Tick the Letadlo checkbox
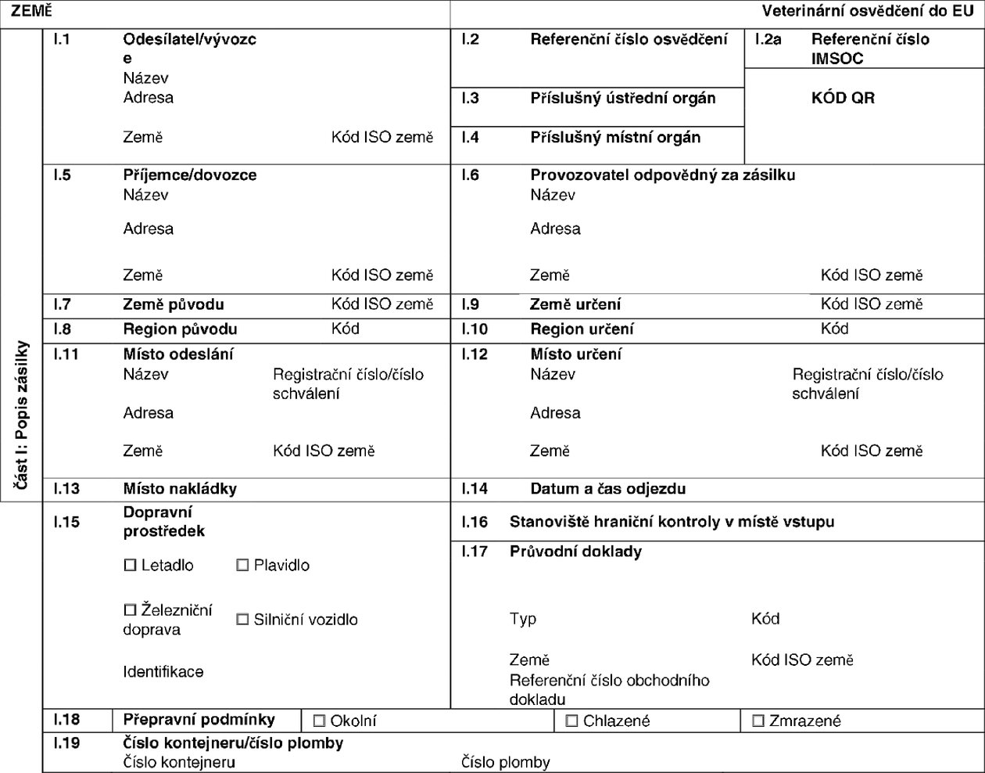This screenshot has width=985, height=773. [x=131, y=565]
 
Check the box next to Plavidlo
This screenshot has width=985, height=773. [x=242, y=565]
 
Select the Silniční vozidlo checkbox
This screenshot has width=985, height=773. [x=242, y=620]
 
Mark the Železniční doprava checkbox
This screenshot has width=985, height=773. [x=131, y=609]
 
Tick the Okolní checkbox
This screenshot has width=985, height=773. [x=319, y=721]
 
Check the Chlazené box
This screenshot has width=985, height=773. [x=571, y=721]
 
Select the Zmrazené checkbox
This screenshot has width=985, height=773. [x=758, y=721]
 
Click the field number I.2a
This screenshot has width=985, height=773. [x=768, y=39]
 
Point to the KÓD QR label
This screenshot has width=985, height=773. [x=843, y=99]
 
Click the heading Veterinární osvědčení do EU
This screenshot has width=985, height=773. [x=868, y=11]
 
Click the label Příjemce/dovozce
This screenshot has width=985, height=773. [x=190, y=175]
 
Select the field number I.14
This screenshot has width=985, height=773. [x=475, y=489]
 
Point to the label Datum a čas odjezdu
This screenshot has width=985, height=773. [x=607, y=489]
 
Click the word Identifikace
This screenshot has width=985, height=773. [x=163, y=671]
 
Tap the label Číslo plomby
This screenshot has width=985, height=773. [x=506, y=762]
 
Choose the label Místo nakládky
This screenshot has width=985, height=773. [x=180, y=489]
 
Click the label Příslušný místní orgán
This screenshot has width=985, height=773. [x=615, y=138]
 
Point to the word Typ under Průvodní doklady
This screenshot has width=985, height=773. [x=523, y=619]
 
